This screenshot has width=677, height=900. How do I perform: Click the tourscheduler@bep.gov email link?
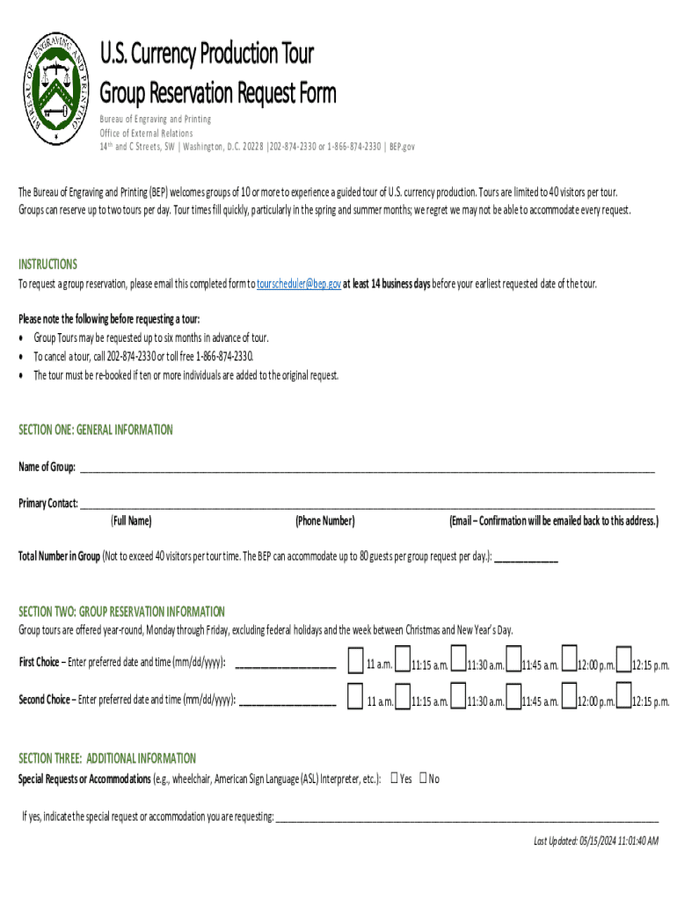click(298, 284)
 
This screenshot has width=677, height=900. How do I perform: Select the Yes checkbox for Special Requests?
click(395, 777)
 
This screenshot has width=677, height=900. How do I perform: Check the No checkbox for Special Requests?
click(423, 777)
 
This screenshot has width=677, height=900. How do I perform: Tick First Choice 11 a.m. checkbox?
click(355, 659)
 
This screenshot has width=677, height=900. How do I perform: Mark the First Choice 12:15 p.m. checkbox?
click(623, 659)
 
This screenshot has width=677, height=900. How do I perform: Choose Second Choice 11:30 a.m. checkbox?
click(457, 697)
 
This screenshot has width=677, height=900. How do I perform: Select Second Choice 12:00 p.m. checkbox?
click(568, 697)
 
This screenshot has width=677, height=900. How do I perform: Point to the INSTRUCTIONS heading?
click(48, 264)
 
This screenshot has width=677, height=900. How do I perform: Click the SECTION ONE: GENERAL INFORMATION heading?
click(96, 430)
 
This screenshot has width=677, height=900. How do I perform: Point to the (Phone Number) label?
click(325, 521)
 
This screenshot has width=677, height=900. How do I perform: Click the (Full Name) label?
click(131, 521)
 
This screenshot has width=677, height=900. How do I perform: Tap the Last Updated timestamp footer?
click(596, 841)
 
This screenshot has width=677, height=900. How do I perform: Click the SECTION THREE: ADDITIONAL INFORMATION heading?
click(107, 758)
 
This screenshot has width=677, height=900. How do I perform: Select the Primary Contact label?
click(48, 504)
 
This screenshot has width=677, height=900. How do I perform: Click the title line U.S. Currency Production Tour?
click(207, 54)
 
